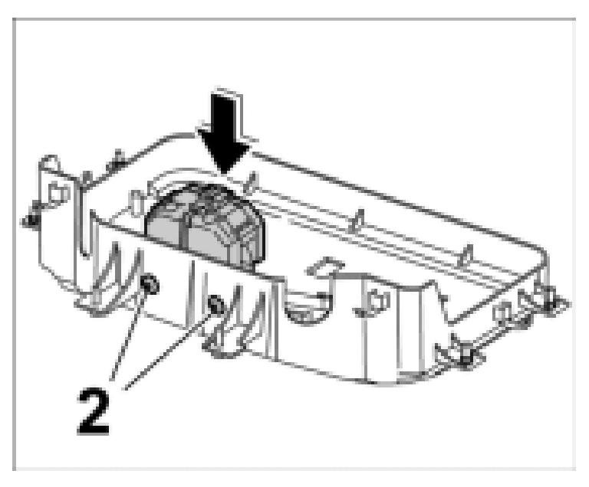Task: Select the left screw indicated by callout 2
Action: pyautogui.click(x=150, y=286)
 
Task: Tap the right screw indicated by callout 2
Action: pyautogui.click(x=216, y=306)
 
